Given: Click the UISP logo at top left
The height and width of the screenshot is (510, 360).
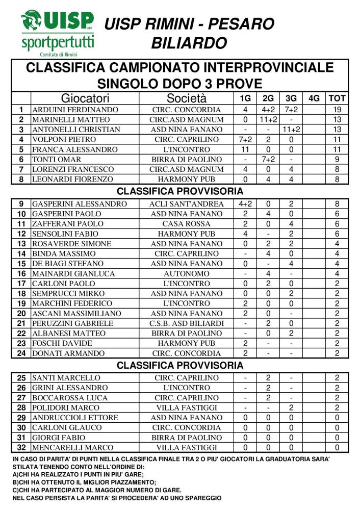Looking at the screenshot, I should (x=57, y=33).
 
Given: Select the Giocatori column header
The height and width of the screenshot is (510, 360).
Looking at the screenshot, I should (x=85, y=98).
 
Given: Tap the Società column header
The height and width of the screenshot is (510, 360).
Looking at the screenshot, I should (x=187, y=98).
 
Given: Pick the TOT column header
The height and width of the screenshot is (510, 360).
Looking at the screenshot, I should (x=337, y=98).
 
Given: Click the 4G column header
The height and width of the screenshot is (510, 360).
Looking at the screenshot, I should (x=314, y=98).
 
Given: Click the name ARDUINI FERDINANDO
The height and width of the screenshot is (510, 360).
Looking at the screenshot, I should (x=75, y=110).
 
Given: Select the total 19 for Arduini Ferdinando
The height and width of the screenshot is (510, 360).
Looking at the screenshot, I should (x=337, y=110).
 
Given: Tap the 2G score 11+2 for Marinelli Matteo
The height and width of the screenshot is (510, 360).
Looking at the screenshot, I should (x=268, y=120).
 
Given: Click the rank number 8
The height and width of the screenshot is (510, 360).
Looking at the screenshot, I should (x=21, y=180).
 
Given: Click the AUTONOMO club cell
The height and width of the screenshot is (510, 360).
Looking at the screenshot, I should (x=187, y=274).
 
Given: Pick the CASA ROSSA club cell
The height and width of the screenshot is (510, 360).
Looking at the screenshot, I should (x=187, y=224).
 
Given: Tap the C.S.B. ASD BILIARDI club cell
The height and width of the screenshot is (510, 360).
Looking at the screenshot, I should (x=187, y=323).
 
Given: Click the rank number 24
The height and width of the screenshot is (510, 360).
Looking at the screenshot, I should (x=21, y=353).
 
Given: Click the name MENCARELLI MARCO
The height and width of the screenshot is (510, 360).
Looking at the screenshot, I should (x=73, y=448).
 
